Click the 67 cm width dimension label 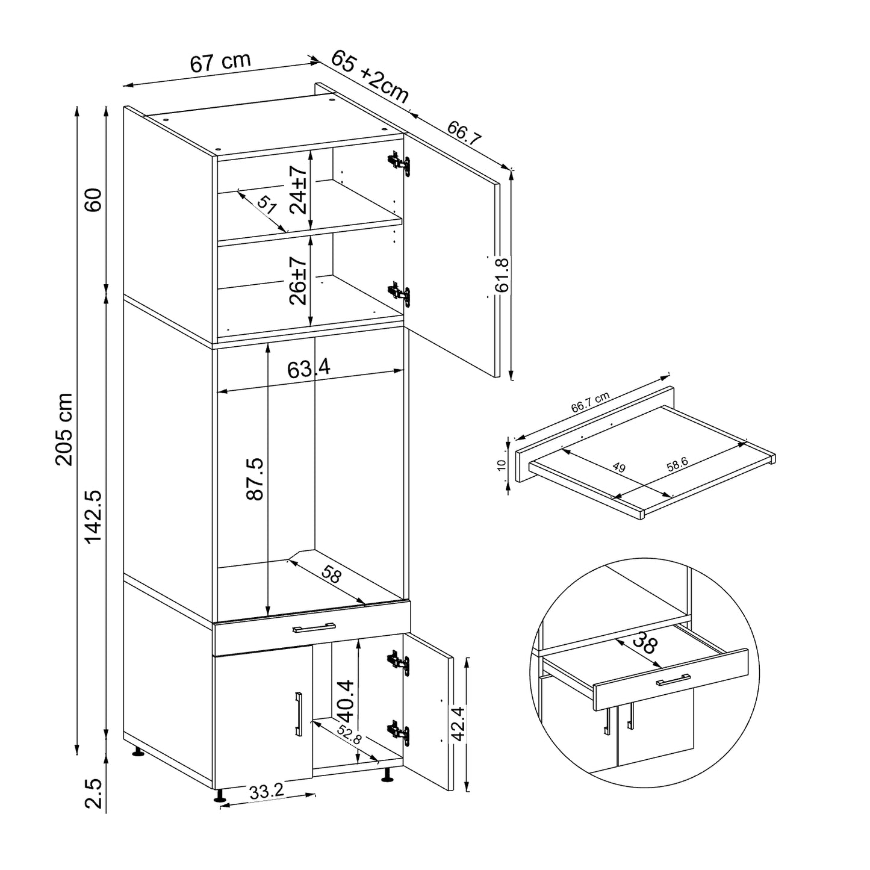tap(220, 62)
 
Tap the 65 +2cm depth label tap(369, 76)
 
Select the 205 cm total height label tap(64, 429)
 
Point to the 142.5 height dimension tap(94, 516)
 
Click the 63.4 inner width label tap(308, 368)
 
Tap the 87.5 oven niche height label tap(255, 479)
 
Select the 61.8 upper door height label tap(502, 274)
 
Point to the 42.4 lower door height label tap(459, 724)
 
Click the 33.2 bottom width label tap(267, 792)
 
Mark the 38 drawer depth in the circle tap(644, 644)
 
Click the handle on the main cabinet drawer tap(314, 628)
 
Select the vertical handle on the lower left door tap(298, 713)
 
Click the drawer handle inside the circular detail tap(672, 680)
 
